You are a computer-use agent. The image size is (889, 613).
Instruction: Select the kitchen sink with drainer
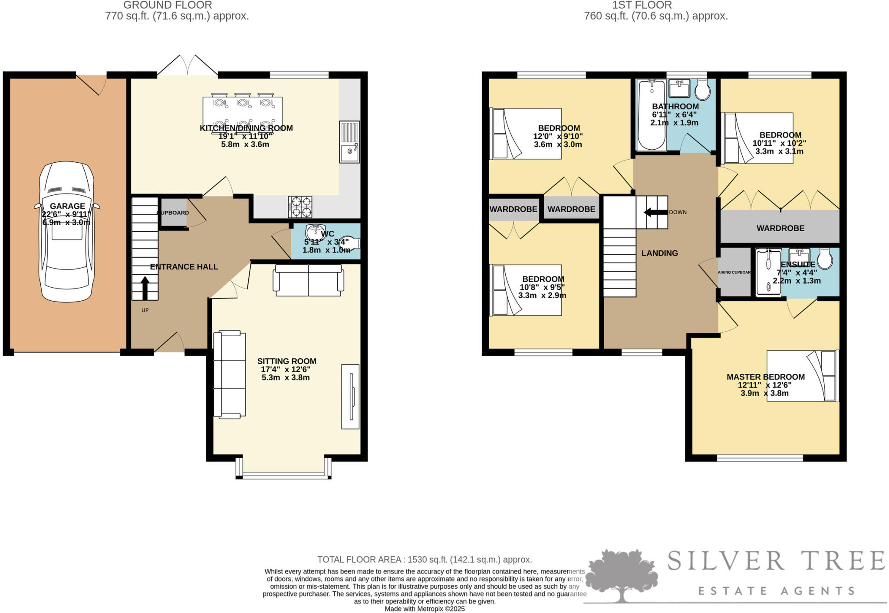pos(349,141)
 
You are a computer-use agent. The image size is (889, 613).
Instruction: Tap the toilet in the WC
pos(350,244)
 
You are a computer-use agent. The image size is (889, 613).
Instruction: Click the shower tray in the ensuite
pos(768,273)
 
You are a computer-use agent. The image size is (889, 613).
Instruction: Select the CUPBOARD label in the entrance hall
pos(173,213)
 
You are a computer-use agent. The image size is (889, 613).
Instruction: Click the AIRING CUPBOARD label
pos(734,272)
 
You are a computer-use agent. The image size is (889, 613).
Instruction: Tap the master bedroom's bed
pos(802,376)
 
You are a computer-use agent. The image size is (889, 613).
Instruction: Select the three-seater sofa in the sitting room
pos(230,374)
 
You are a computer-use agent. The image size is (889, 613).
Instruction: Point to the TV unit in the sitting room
pos(350,397)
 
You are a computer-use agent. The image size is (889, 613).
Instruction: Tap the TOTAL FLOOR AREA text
pos(425,560)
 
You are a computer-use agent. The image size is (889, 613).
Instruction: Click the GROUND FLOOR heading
pos(168,5)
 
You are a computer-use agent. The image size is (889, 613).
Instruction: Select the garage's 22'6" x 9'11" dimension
pos(66,214)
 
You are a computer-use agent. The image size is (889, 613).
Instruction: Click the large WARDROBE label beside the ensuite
pos(780,228)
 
